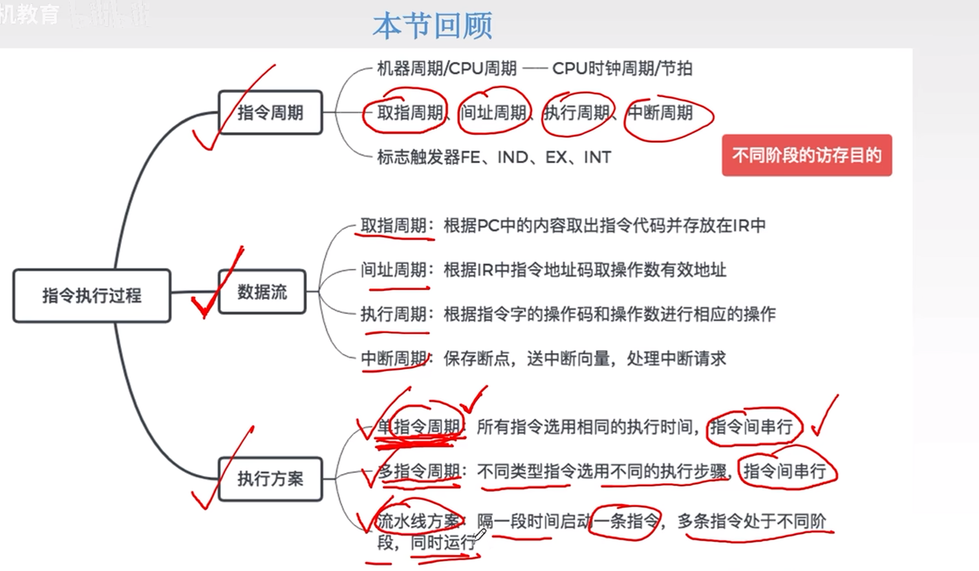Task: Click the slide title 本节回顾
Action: click(x=432, y=26)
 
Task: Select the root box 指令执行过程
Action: click(x=92, y=296)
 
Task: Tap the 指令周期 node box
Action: click(x=270, y=112)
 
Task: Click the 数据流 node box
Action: click(x=262, y=292)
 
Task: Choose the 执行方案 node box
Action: click(x=270, y=478)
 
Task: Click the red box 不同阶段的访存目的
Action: click(x=806, y=155)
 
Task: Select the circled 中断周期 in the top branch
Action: click(x=661, y=112)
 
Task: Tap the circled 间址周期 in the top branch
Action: click(x=493, y=112)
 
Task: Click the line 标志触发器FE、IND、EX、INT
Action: click(x=494, y=157)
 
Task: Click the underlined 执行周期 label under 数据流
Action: click(x=394, y=314)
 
